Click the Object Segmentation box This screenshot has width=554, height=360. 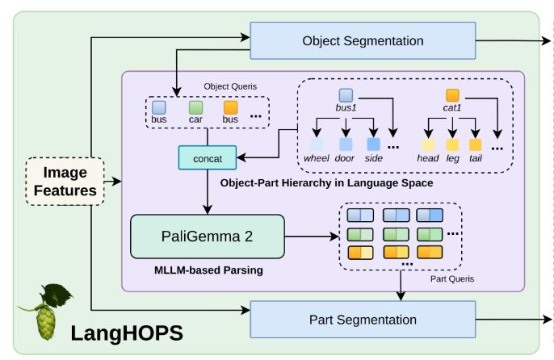point(362,40)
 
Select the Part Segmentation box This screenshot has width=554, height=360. point(362,320)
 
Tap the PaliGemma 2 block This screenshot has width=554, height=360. point(207,236)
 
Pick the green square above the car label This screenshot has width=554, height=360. point(195,107)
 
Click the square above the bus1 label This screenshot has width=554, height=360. point(346,94)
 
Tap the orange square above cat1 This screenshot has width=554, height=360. point(452,94)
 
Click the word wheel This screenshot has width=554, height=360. point(317,158)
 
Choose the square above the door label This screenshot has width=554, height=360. point(346,144)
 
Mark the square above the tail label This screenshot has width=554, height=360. point(476,144)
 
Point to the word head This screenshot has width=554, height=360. point(428,158)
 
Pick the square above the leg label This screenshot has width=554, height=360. point(452,144)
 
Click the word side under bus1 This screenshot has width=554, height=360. point(373,158)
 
